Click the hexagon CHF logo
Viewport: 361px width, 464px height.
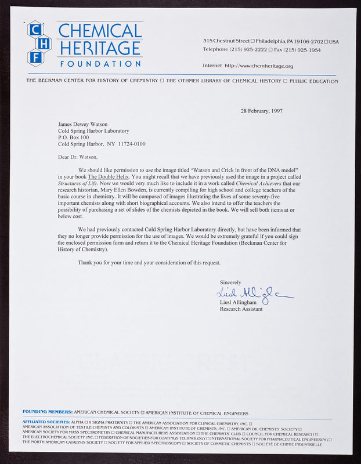tap(39, 43)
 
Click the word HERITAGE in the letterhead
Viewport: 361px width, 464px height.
tap(100, 48)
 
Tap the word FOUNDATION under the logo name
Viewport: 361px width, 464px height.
tap(100, 63)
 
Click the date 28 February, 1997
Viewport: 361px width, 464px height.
tap(261, 111)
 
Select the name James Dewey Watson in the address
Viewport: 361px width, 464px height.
tap(82, 124)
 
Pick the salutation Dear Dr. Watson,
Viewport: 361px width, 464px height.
tap(78, 157)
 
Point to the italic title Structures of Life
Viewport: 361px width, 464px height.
tap(78, 183)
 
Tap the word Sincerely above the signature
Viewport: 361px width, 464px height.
tap(230, 282)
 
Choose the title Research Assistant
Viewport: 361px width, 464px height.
tap(241, 309)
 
